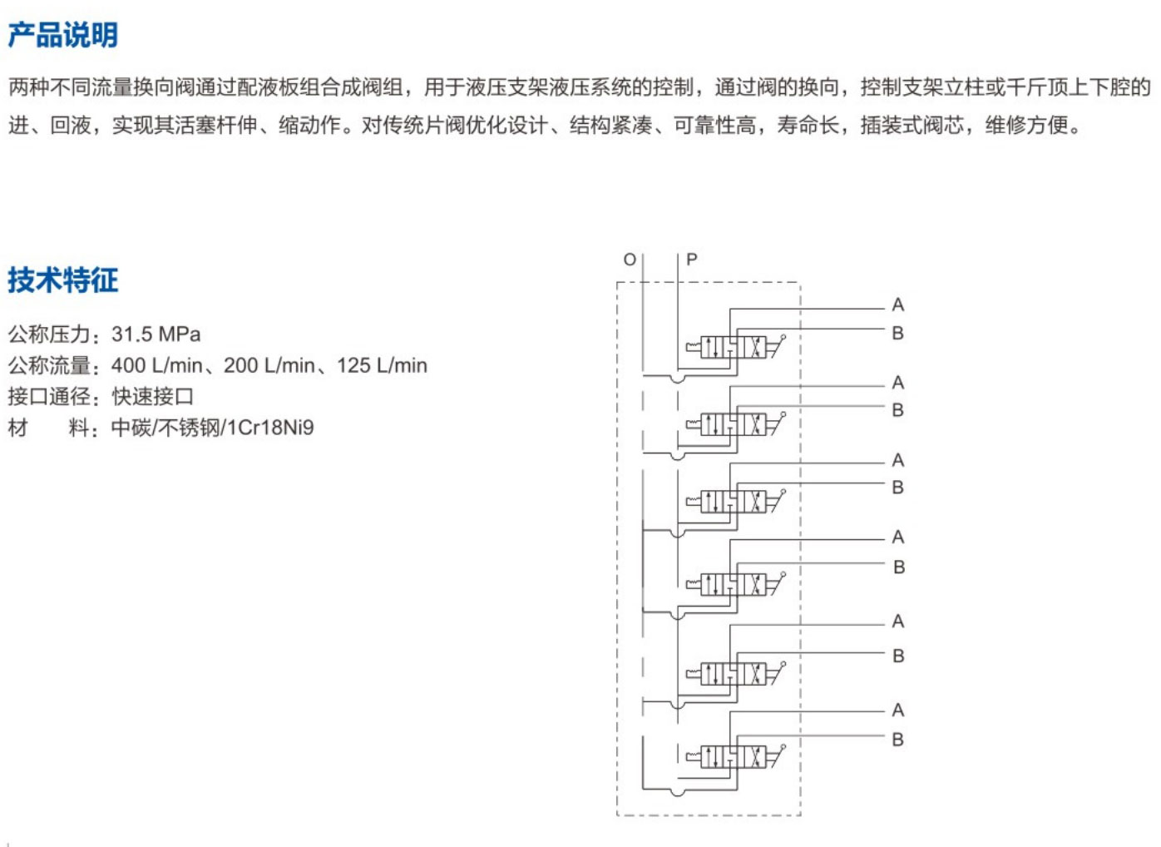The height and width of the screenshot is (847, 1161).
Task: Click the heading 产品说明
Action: pos(62,35)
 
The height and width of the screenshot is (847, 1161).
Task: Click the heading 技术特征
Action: pos(62,280)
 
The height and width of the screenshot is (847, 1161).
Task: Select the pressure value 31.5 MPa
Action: pos(156,334)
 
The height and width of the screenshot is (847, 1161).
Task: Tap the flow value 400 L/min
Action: pos(156,365)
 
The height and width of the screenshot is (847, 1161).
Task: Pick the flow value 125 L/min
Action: pos(382,365)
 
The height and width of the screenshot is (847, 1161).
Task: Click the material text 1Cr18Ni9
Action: pos(270,428)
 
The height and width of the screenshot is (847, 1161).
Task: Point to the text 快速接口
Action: pos(153,397)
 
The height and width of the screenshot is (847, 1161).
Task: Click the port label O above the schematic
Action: pos(630,260)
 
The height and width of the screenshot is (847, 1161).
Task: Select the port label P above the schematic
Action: pos(691,260)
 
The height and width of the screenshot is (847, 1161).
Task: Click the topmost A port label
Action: pos(897,305)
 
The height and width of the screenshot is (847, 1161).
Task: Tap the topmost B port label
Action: pos(897,334)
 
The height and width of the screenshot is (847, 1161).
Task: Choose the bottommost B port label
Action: pos(897,740)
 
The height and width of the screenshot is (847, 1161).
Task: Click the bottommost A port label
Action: pos(897,711)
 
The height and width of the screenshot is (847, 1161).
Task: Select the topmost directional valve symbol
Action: pos(733,347)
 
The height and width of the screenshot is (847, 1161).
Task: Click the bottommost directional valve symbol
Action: pos(733,756)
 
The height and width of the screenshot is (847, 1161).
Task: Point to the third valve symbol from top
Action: pos(733,502)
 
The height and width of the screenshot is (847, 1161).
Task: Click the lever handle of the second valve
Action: pos(777,422)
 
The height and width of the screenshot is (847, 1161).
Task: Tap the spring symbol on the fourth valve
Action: pos(693,584)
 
